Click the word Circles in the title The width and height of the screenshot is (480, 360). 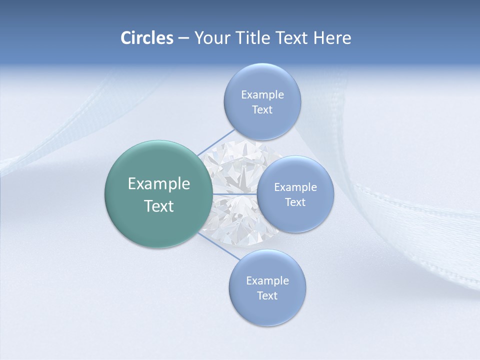click(147, 38)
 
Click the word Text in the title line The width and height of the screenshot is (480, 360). click(292, 38)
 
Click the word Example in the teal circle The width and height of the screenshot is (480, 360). click(159, 184)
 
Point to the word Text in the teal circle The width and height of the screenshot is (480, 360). click(159, 206)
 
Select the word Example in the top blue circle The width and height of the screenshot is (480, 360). click(262, 95)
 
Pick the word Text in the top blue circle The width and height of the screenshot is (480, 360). click(262, 110)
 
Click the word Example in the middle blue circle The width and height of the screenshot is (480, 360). click(295, 187)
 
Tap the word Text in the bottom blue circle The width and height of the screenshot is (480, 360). click(267, 295)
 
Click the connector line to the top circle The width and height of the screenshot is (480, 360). click(216, 142)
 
